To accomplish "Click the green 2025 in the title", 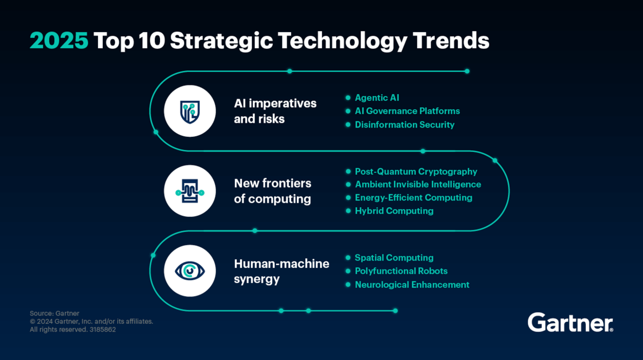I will [x=59, y=41].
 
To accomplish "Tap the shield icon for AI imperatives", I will [x=190, y=112].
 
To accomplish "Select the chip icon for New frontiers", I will [x=190, y=192].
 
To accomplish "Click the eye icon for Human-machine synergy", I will [x=190, y=271].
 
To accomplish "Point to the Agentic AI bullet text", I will [x=377, y=98].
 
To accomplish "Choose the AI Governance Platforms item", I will [x=407, y=111].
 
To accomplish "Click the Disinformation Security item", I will [x=404, y=124].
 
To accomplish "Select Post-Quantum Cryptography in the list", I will [x=416, y=171].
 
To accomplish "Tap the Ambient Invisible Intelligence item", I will [x=418, y=184].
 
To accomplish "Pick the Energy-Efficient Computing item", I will [x=413, y=198].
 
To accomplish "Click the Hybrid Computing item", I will [x=394, y=211].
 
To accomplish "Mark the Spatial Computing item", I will [x=394, y=258].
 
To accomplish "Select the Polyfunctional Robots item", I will [x=401, y=271].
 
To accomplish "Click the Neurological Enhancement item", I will [x=412, y=285].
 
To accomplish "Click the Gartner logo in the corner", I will [x=570, y=323].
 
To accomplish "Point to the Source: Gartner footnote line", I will [x=54, y=314].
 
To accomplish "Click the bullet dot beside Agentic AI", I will [x=348, y=98].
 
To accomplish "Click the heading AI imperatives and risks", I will [x=275, y=111].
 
